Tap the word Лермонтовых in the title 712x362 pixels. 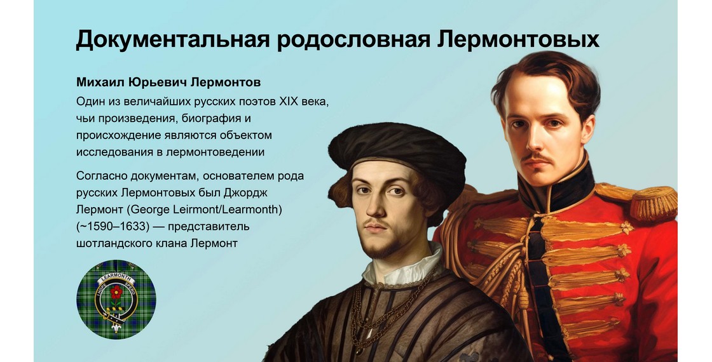pos(518,39)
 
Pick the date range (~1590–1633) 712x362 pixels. pos(113,226)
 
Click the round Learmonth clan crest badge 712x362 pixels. pos(116,299)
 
